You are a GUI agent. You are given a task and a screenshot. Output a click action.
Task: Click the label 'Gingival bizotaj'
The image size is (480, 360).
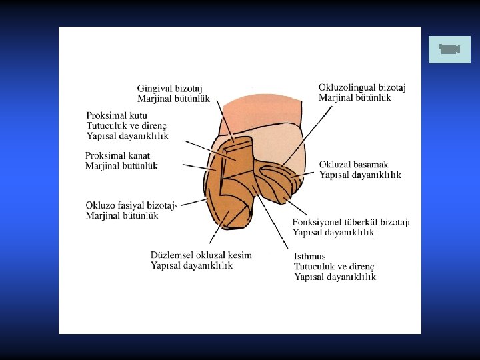(169, 89)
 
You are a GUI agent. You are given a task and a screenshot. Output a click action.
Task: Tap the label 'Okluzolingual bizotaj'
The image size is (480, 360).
(361, 87)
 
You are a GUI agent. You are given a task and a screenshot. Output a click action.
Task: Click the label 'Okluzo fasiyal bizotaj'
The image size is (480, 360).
(130, 205)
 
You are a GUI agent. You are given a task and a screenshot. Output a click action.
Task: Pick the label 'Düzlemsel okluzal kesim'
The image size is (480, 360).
(201, 255)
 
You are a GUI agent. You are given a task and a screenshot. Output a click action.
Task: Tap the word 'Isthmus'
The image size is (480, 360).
(309, 256)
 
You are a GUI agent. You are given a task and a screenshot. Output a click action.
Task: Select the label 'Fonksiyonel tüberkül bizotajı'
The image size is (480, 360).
(351, 222)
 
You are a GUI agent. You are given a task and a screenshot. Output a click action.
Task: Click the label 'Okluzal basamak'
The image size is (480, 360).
(353, 165)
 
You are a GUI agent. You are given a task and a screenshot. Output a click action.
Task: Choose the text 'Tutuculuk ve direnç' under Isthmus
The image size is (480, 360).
(334, 266)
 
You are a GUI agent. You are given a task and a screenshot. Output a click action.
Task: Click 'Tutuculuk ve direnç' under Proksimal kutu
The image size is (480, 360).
(126, 126)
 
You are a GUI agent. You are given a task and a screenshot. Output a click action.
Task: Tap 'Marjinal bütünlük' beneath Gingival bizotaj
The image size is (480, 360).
(173, 99)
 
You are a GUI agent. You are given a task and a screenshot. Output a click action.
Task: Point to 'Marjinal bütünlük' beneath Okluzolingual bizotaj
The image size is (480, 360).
(355, 97)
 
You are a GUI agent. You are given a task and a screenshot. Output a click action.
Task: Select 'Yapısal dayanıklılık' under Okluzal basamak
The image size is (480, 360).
(360, 175)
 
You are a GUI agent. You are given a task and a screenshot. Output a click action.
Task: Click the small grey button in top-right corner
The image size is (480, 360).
(449, 49)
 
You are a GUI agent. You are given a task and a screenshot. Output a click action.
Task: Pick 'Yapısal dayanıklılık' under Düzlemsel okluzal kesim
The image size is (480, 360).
(191, 265)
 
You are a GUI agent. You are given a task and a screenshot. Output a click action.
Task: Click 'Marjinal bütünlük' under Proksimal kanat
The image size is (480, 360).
(121, 166)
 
